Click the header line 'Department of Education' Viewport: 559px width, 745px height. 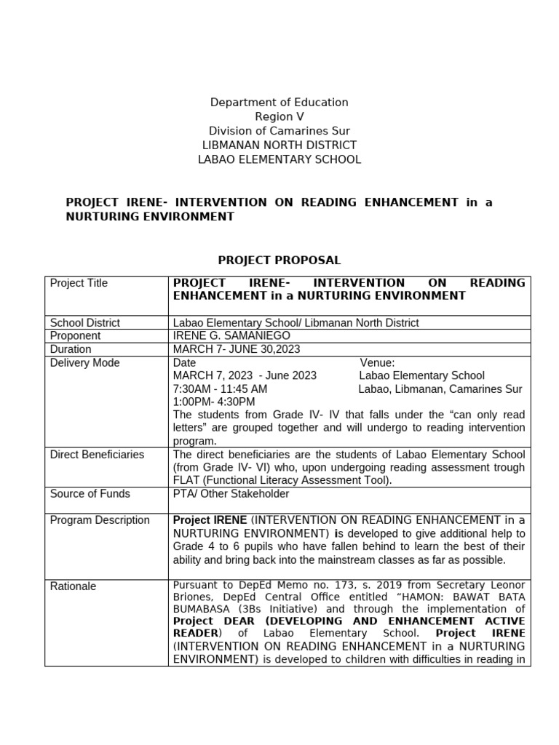[279, 103]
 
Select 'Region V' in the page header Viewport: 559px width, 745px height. [279, 116]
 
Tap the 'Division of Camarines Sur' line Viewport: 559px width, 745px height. [279, 131]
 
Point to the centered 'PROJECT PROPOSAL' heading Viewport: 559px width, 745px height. [279, 260]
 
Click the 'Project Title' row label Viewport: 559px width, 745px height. [79, 283]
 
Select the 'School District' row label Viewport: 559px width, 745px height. [84, 323]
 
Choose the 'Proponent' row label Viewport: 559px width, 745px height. [75, 336]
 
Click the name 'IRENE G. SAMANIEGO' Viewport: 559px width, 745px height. [231, 336]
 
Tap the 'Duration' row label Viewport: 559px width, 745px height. [71, 349]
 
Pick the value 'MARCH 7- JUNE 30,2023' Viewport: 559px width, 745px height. [237, 349]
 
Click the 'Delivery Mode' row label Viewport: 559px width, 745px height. [84, 363]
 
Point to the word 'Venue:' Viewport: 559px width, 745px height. [377, 363]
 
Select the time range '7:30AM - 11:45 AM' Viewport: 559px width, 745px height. [220, 389]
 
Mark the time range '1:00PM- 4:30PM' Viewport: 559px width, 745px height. [214, 402]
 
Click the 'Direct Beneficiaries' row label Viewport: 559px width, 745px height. [97, 455]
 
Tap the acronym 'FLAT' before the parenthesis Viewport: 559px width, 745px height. [187, 481]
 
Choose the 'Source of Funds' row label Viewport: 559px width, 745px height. [90, 494]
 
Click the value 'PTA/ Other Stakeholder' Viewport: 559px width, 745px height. [231, 494]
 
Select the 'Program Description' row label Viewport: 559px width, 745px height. [99, 520]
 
